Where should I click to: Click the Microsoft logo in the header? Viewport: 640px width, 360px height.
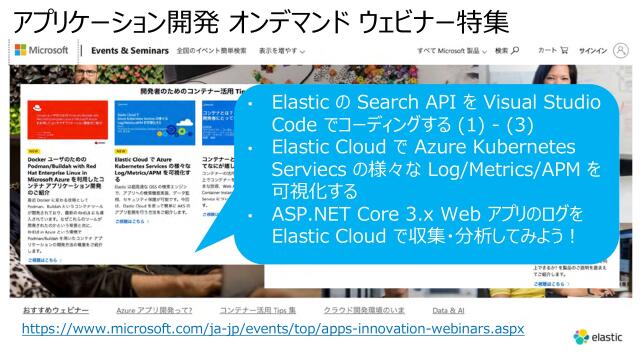41,50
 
